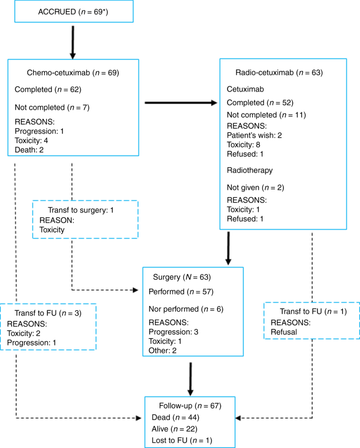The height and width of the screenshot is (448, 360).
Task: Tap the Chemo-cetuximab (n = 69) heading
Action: [x=73, y=73]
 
